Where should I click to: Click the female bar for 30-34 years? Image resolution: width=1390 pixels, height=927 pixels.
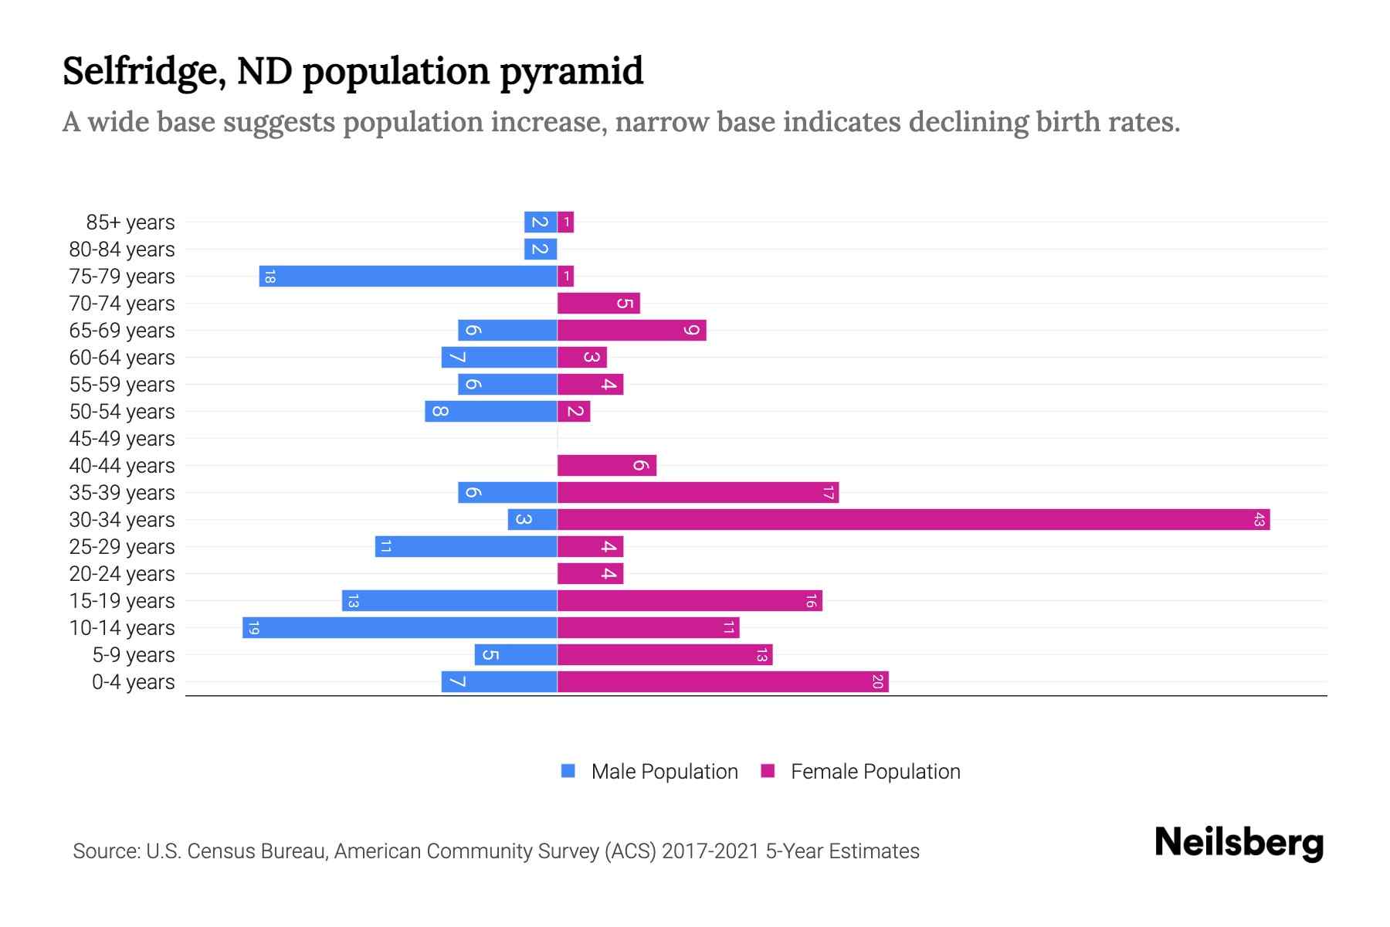914,519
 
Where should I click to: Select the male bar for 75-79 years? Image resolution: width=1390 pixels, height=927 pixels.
408,276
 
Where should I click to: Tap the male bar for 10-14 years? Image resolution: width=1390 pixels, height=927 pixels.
399,627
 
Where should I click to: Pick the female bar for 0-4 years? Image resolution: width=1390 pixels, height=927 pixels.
723,681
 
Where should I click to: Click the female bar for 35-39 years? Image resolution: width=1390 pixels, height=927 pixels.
698,492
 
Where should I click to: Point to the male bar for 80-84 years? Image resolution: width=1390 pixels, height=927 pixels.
540,249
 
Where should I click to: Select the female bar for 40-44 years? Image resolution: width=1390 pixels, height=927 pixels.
606,465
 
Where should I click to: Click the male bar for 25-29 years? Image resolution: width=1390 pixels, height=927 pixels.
466,546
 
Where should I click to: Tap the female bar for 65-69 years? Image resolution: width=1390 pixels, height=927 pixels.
632,330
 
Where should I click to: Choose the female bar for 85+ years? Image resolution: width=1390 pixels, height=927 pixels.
565,222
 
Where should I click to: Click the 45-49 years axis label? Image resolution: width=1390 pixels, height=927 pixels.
122,438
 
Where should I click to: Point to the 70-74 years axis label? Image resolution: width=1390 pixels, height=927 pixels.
122,303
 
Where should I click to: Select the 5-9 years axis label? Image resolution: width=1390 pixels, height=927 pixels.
133,654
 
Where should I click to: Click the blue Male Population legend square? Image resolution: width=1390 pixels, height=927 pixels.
568,771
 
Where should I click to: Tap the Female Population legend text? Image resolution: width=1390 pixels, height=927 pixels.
875,771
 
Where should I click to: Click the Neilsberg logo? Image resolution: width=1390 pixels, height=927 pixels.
1239,843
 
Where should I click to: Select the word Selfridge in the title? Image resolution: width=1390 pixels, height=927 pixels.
144,71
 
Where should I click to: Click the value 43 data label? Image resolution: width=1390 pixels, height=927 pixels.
1259,519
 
